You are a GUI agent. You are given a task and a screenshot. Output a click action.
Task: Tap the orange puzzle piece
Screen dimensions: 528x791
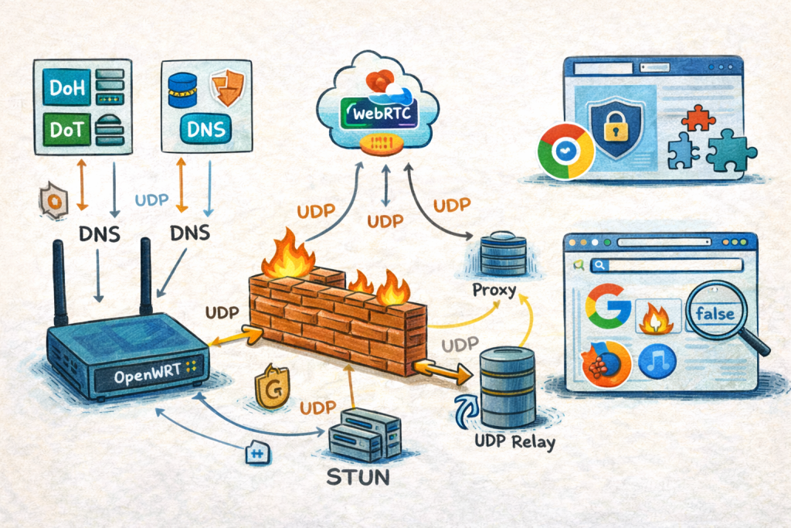(701, 118)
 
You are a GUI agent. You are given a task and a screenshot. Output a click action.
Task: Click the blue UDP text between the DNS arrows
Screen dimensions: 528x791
(151, 199)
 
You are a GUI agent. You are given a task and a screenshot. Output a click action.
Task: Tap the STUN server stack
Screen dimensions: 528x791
(363, 436)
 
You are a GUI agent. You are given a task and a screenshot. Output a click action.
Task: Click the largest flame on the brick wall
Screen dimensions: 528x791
(287, 255)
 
